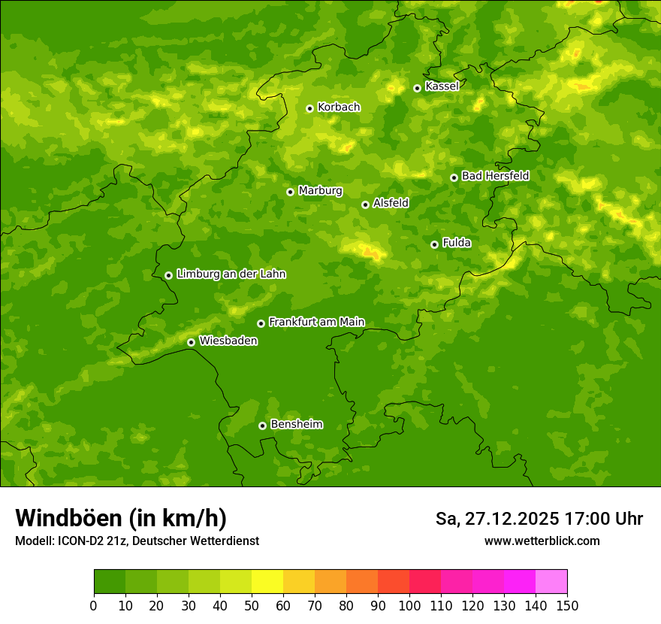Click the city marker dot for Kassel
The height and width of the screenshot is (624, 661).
417,88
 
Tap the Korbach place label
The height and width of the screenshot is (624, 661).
339,108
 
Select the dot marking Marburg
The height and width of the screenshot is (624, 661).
290,192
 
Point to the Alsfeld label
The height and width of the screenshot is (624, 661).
391,203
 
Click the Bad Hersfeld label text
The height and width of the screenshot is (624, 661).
495,176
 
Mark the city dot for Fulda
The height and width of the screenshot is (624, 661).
434,244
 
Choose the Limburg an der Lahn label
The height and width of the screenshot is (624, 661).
231,274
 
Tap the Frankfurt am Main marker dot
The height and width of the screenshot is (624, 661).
261,323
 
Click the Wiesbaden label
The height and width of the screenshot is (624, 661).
228,341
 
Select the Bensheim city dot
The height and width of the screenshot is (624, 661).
262,426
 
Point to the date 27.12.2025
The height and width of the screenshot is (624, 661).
512,519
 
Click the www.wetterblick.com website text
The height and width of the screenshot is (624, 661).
542,541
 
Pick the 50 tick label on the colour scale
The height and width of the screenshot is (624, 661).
252,605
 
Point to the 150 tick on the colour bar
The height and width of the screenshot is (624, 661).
567,605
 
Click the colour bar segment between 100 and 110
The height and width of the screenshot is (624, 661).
425,582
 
